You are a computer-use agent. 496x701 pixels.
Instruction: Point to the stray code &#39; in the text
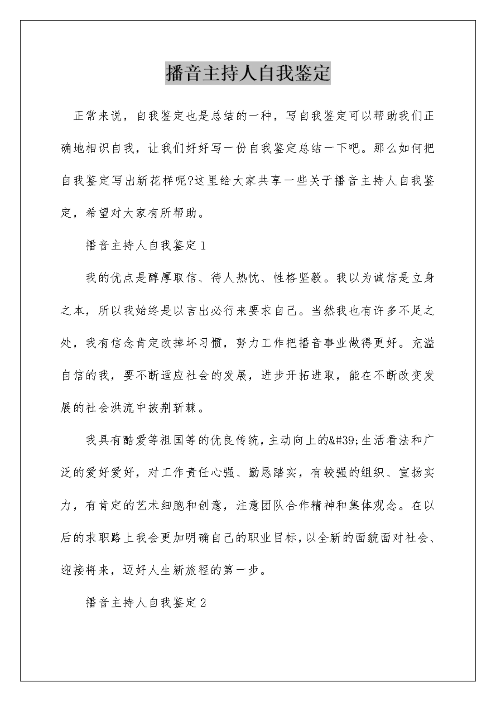pyautogui.click(x=345, y=441)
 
